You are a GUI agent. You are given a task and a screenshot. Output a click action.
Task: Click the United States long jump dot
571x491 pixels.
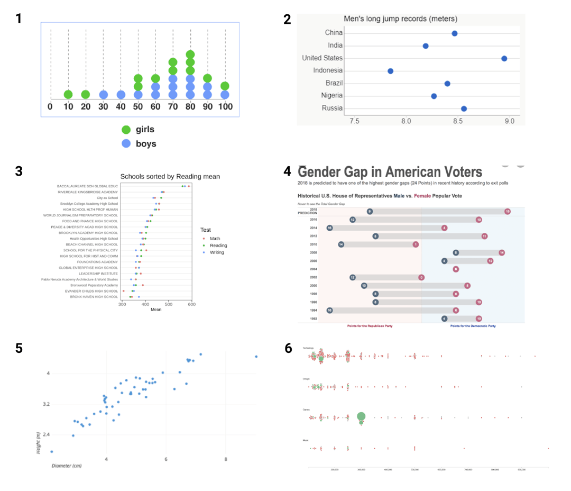tap(504, 58)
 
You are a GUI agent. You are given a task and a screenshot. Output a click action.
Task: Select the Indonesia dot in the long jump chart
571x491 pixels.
tap(390, 71)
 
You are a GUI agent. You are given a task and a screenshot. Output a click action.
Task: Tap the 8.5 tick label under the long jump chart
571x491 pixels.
tap(457, 121)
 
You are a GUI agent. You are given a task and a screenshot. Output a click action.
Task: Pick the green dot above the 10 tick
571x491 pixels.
tap(68, 95)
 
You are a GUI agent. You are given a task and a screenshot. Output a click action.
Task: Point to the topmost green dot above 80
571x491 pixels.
tap(190, 54)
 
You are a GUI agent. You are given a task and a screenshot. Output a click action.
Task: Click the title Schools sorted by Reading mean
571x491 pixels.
tap(170, 177)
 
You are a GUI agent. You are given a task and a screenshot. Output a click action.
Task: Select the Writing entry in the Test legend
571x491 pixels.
tap(217, 252)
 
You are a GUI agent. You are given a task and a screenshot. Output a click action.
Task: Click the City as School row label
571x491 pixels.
tap(107, 198)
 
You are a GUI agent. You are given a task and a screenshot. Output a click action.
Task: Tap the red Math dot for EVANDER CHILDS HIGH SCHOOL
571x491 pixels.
tap(124, 291)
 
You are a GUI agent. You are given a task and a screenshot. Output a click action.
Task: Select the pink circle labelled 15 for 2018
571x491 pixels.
tap(507, 212)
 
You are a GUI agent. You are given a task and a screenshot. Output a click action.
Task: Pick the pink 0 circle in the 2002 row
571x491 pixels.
tap(421, 277)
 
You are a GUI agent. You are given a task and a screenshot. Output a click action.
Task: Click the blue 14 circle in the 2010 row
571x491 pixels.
tap(341, 244)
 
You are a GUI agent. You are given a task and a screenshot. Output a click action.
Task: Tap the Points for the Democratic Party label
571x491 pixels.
tap(473, 326)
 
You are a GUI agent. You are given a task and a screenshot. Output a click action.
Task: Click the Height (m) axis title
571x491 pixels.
tap(39, 443)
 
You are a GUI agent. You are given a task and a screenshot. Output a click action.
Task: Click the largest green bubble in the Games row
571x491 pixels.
tap(361, 417)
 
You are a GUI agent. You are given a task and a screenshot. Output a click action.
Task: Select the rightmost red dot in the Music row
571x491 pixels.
tap(548, 448)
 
